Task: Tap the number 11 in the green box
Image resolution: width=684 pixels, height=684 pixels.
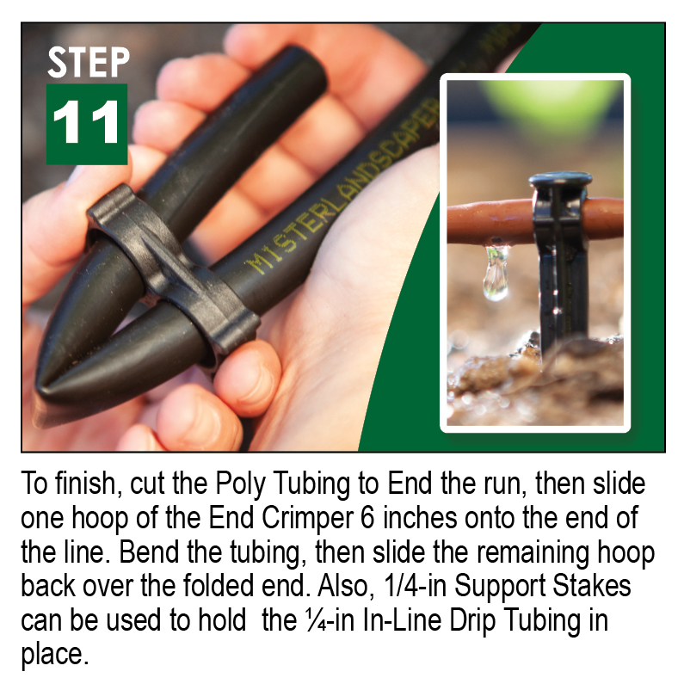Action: pyautogui.click(x=87, y=124)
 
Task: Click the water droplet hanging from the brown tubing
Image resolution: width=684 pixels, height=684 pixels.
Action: pyautogui.click(x=495, y=274)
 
